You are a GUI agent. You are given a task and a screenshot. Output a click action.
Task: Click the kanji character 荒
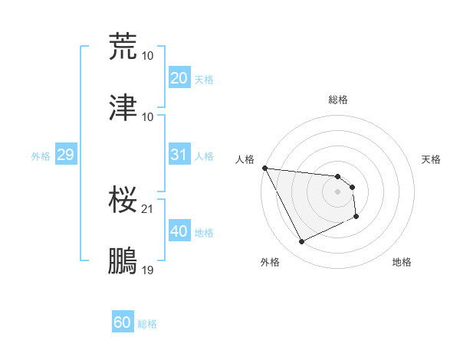tap(123, 46)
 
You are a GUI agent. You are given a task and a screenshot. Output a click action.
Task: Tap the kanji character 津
tap(123, 108)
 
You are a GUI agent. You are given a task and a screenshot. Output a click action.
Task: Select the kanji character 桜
tap(123, 201)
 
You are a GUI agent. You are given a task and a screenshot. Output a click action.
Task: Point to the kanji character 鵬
tap(123, 261)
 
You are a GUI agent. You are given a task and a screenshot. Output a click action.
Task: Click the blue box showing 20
tap(179, 78)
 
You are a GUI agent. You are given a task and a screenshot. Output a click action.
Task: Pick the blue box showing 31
tap(179, 155)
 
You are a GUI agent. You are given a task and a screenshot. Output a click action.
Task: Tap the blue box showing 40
tap(179, 231)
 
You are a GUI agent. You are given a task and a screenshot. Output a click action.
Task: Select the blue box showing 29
tap(65, 155)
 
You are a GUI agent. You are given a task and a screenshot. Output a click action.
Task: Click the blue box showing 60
tap(122, 323)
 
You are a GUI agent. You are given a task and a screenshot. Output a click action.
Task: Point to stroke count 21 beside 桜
tap(147, 209)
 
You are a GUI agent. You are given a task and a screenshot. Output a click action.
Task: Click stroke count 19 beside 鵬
tap(147, 270)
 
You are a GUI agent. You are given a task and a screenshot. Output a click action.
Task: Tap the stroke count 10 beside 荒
tap(147, 56)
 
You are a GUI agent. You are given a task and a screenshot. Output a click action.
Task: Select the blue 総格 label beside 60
tap(147, 324)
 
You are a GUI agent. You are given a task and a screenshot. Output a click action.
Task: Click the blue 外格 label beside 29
tap(41, 155)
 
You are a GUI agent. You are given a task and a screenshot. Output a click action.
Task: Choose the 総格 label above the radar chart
tap(337, 100)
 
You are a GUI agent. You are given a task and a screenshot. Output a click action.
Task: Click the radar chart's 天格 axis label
tap(432, 159)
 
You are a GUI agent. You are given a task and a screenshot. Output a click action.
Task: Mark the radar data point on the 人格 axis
tap(264, 168)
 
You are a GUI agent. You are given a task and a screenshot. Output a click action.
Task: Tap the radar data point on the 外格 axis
tap(301, 242)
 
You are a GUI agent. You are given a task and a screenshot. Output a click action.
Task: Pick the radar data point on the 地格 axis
tap(357, 218)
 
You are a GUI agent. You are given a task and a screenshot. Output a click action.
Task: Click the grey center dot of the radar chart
tap(337, 191)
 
